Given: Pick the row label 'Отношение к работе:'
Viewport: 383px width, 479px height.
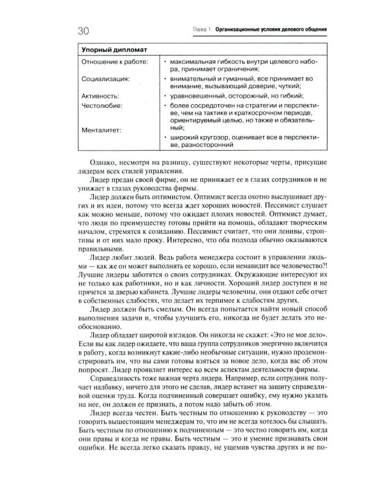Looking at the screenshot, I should point(114,61).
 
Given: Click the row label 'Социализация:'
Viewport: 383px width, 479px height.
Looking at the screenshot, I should point(105,79).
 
